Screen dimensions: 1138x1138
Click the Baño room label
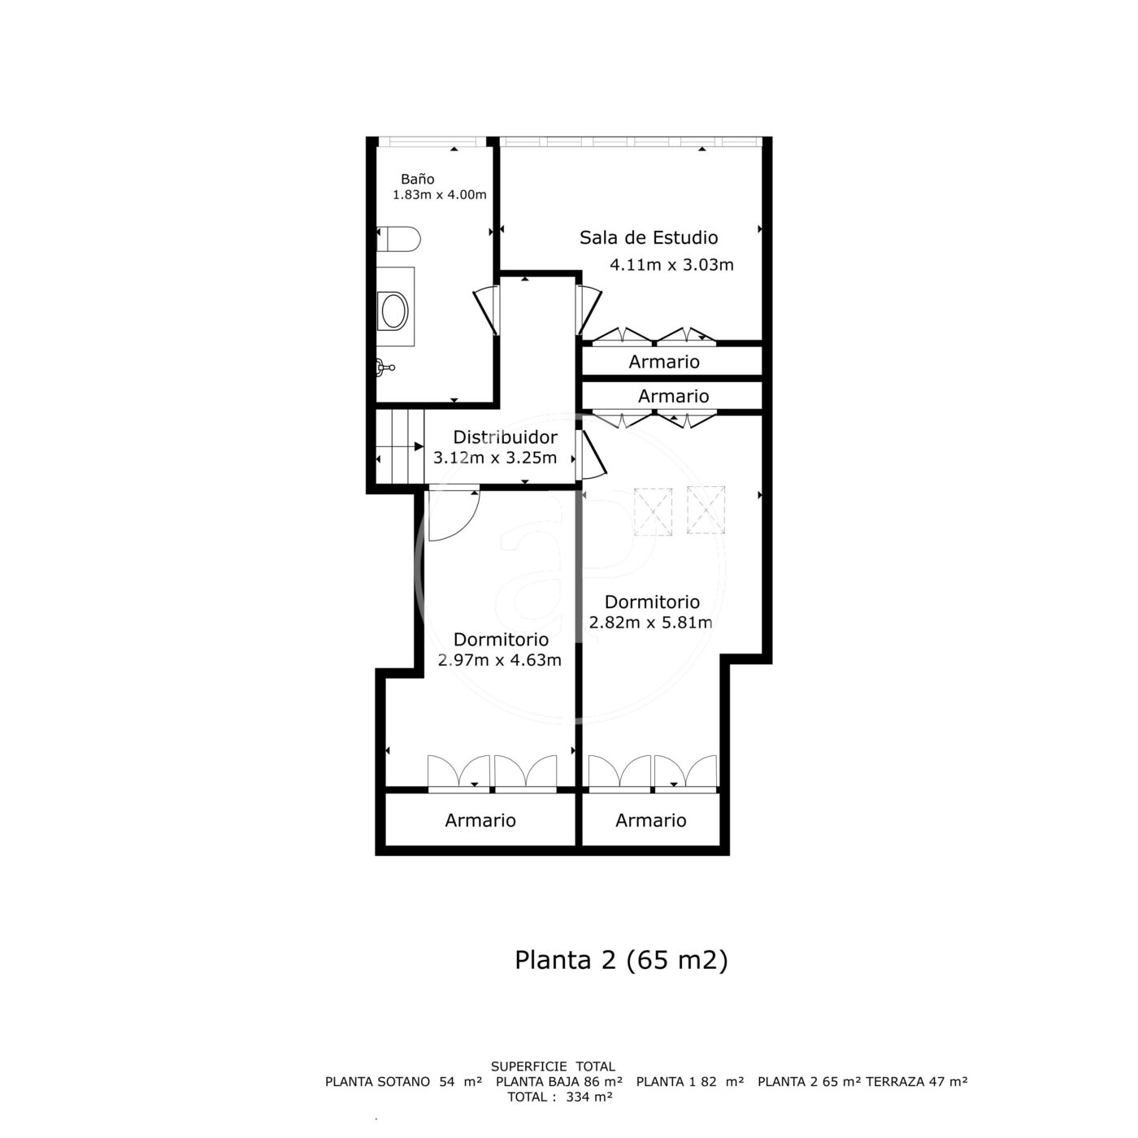pyautogui.click(x=418, y=179)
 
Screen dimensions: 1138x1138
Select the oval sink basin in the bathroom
pyautogui.click(x=394, y=311)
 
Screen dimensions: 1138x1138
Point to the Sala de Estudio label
pyautogui.click(x=649, y=237)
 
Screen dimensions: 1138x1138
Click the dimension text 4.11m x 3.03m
pyautogui.click(x=671, y=264)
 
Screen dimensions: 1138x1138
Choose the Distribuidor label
pyautogui.click(x=505, y=437)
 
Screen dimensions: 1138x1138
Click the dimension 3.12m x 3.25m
pyautogui.click(x=495, y=458)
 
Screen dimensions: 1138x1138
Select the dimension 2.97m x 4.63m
pyautogui.click(x=500, y=660)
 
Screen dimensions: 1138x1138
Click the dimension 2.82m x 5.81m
pyautogui.click(x=651, y=622)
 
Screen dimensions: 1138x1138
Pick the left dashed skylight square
pyautogui.click(x=654, y=511)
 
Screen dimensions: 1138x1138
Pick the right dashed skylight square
pyautogui.click(x=706, y=510)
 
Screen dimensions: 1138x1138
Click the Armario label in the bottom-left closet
pyautogui.click(x=480, y=820)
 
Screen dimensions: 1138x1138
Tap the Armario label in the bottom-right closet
pyautogui.click(x=651, y=820)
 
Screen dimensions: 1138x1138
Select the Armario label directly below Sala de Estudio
pyautogui.click(x=664, y=362)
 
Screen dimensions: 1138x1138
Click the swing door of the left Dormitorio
pyautogui.click(x=453, y=515)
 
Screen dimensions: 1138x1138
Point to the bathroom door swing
pyautogui.click(x=487, y=310)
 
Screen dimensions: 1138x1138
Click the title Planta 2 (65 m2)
pyautogui.click(x=621, y=960)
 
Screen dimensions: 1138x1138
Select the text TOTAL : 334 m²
pyautogui.click(x=559, y=1097)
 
